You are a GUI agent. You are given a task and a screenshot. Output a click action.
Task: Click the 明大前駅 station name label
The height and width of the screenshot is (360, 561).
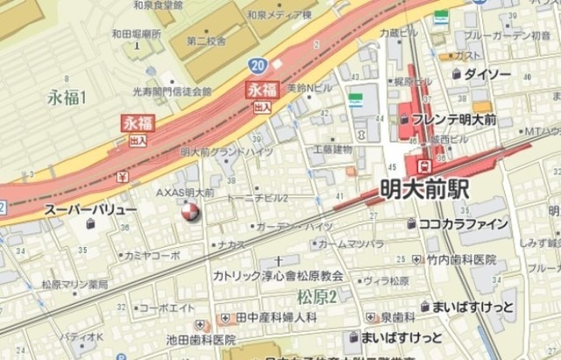(425, 188)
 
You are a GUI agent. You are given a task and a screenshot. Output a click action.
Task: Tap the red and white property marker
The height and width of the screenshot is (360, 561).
(189, 210)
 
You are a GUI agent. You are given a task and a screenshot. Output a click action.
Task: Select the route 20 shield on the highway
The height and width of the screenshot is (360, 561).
(257, 66)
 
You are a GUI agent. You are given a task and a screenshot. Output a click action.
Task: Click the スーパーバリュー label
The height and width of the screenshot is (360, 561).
(91, 211)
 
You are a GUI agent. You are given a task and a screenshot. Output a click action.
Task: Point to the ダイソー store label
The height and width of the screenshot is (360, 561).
(486, 74)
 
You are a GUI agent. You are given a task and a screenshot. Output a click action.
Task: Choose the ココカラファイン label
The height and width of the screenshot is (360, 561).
(464, 224)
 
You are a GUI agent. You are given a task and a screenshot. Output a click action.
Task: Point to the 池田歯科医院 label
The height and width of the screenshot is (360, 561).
(201, 339)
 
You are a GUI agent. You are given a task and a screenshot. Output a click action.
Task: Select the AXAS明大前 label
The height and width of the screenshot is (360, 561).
(185, 192)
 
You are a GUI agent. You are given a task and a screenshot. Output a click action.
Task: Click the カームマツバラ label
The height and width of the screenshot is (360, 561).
(351, 243)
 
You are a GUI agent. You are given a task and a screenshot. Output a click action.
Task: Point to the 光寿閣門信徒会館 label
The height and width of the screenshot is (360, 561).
(172, 91)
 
